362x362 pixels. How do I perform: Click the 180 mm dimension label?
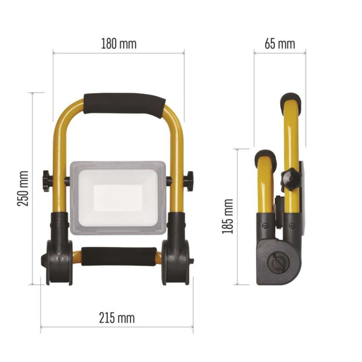[118, 44]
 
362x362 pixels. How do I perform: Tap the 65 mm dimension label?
[280, 44]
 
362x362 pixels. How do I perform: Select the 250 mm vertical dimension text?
[23, 188]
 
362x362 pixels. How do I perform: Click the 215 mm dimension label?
[117, 318]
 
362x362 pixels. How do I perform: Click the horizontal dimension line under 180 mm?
[119, 53]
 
